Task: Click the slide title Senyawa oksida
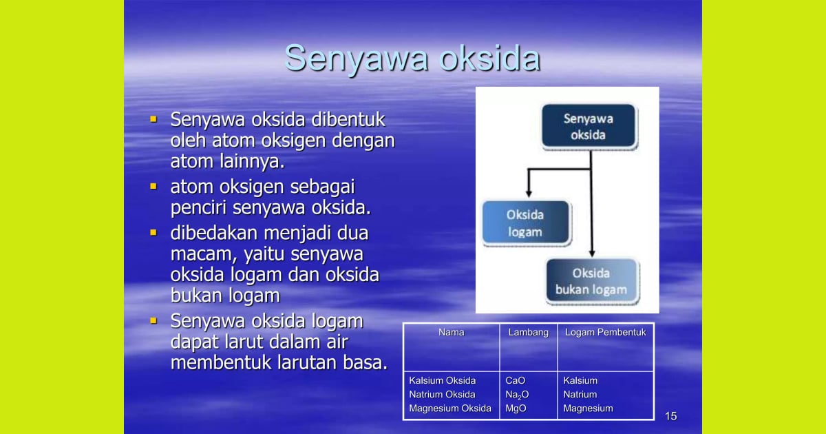(x=412, y=58)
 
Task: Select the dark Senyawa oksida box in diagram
(x=588, y=127)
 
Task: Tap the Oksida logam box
(x=525, y=223)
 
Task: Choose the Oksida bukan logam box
(x=591, y=281)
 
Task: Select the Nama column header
(x=451, y=333)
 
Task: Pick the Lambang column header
(x=528, y=333)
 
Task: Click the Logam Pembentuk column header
(x=605, y=333)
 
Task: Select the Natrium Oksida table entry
(x=442, y=395)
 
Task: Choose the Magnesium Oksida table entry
(x=450, y=409)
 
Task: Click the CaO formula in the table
(x=516, y=381)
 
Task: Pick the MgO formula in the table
(x=516, y=409)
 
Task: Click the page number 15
(x=671, y=416)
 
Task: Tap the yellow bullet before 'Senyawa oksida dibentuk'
(x=153, y=119)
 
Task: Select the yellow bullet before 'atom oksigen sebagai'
(x=153, y=187)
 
